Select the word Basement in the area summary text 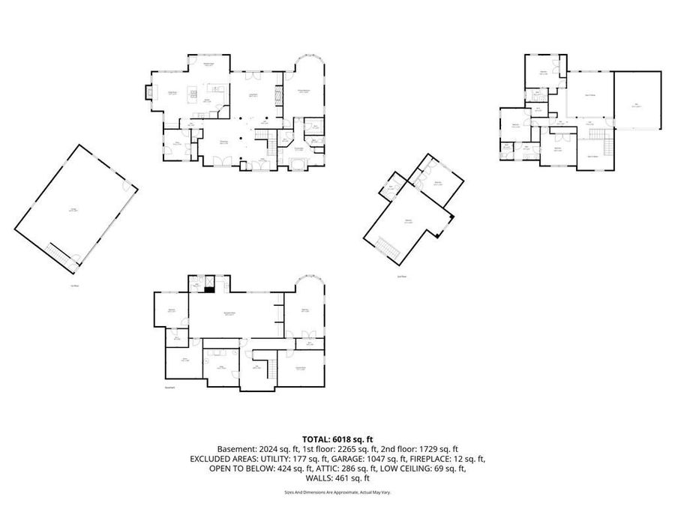pyautogui.click(x=236, y=449)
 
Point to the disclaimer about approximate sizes pyautogui.click(x=337, y=493)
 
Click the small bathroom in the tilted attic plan pyautogui.click(x=391, y=187)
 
